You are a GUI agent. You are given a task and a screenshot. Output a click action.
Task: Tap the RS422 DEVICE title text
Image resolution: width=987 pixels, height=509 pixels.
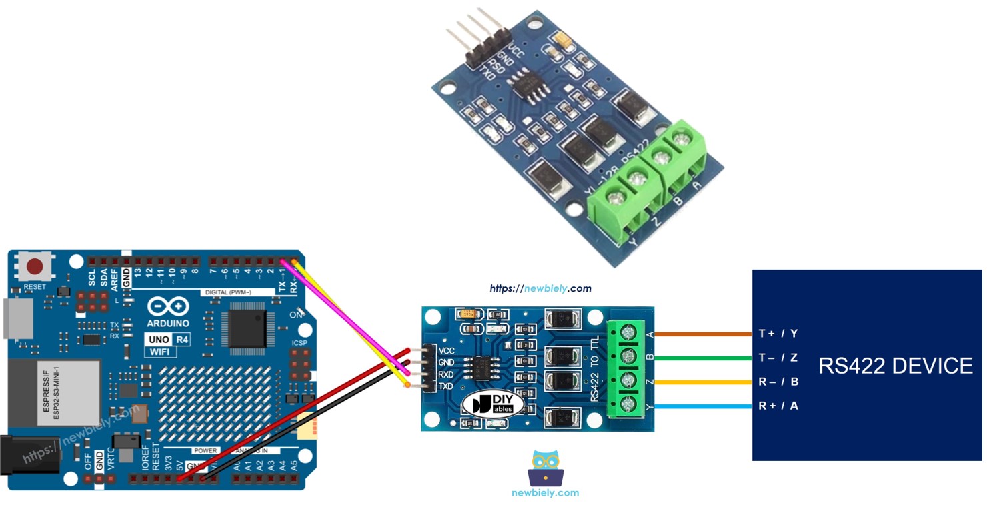(895, 366)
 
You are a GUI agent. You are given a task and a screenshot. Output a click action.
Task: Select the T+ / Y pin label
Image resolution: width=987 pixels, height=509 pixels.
(778, 334)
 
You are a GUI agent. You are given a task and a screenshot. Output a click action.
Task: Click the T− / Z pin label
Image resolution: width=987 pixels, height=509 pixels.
(778, 358)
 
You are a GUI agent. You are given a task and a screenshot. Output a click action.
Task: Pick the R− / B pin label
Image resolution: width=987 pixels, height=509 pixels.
(778, 382)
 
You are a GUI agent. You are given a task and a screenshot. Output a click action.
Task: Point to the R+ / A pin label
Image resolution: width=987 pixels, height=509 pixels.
(778, 406)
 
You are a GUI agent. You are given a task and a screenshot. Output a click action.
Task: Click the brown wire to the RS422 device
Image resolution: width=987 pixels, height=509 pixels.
(704, 334)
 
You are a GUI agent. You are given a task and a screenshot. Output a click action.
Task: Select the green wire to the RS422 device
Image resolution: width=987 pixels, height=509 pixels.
(704, 358)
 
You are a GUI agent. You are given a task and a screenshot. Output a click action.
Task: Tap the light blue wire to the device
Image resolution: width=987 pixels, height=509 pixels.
(704, 406)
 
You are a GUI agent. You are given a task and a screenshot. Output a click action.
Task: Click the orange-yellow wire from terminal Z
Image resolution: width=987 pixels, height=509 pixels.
(704, 382)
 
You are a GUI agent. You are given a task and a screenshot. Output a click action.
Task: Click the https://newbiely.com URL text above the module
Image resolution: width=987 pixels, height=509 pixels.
(540, 288)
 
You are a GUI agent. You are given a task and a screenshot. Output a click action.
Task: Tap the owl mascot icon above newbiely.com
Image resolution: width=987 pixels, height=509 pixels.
(546, 467)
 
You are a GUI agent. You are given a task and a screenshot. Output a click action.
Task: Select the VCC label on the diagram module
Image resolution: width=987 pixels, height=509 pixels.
(447, 350)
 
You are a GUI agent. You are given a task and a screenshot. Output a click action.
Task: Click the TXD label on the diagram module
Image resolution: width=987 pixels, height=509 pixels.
(446, 386)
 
